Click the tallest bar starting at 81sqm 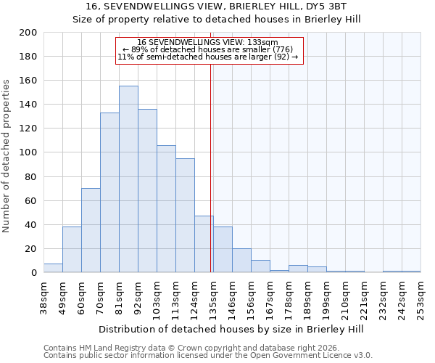tap(128, 179)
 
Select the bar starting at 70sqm tap(109, 192)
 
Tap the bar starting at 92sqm tap(147, 191)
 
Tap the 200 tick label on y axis tap(28, 33)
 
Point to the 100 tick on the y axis tap(28, 152)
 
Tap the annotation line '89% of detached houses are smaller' tap(207, 49)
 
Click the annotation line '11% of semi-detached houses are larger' tap(207, 57)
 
